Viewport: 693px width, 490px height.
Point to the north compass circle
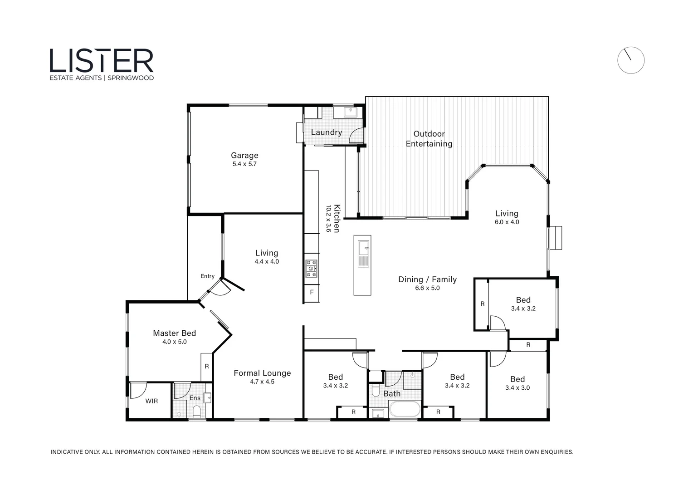pos(630,60)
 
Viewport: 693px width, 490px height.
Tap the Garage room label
pos(244,155)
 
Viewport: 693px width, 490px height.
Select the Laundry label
pos(326,132)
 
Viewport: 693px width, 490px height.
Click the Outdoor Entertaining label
pos(429,139)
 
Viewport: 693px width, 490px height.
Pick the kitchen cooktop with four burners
pos(311,268)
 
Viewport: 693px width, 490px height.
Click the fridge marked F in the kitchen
pos(312,292)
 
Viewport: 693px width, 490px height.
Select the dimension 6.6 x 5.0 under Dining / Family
pos(427,288)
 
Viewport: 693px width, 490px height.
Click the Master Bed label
pos(174,333)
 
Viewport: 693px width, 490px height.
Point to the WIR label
pos(151,401)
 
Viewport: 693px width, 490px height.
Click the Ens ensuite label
pos(195,398)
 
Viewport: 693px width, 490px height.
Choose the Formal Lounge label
pos(262,373)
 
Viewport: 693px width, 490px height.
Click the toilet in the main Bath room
pos(375,391)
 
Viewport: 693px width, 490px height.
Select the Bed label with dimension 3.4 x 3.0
pos(517,379)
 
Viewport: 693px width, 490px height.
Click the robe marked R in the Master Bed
pos(207,366)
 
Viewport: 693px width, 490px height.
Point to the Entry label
pos(208,276)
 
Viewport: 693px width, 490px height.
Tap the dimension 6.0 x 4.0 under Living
pos(507,222)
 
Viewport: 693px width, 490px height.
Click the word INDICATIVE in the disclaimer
pos(66,452)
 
